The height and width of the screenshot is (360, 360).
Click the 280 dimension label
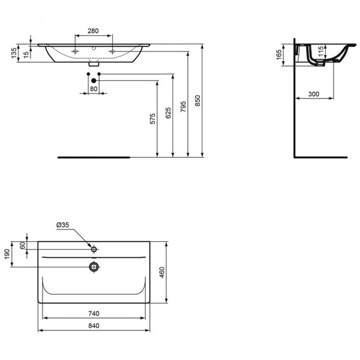click(x=93, y=31)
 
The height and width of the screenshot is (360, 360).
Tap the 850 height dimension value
click(x=197, y=101)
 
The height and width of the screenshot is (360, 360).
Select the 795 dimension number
click(x=183, y=107)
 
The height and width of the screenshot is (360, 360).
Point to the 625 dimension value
click(x=168, y=113)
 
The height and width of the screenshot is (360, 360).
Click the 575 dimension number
click(x=152, y=119)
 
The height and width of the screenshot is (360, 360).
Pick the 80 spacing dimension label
click(x=94, y=89)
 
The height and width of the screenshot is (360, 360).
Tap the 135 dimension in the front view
click(x=14, y=53)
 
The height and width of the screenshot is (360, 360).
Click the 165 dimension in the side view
click(x=279, y=55)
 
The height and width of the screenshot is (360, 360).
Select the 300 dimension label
click(x=314, y=94)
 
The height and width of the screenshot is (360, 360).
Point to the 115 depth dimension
click(x=321, y=52)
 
